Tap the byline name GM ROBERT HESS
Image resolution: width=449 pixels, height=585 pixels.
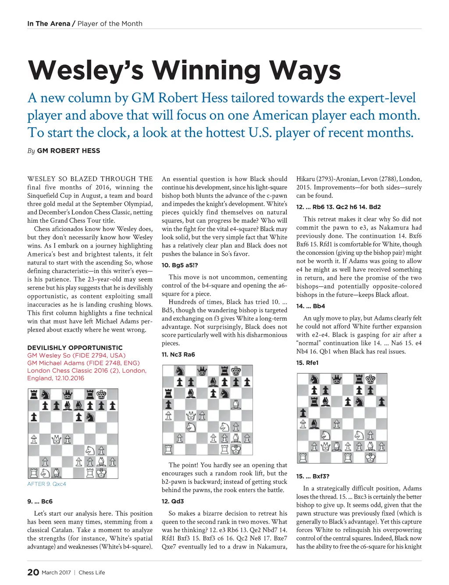click(68, 151)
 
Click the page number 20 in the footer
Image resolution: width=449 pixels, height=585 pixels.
click(33, 572)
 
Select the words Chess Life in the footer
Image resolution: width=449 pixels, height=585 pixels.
click(92, 572)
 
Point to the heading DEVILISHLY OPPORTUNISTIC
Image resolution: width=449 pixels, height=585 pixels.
click(75, 348)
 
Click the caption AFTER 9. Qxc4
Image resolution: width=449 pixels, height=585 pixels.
click(46, 484)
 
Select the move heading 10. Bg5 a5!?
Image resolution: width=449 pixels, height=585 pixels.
click(180, 265)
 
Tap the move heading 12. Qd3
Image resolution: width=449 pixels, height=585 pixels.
click(173, 501)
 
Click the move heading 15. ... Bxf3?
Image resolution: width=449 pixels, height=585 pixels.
click(313, 476)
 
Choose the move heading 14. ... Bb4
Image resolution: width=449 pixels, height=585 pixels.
click(310, 306)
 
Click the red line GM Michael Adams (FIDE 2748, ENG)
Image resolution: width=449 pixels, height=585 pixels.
click(83, 363)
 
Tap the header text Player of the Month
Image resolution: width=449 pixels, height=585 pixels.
click(110, 24)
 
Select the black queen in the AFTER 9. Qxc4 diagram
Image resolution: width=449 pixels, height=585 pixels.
click(67, 395)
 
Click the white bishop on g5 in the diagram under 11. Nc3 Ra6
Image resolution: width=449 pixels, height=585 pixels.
click(236, 404)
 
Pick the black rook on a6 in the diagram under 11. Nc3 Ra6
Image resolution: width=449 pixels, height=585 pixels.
click(168, 393)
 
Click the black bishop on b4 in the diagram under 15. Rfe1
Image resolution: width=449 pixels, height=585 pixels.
click(314, 424)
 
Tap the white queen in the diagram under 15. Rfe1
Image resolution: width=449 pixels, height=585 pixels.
click(325, 447)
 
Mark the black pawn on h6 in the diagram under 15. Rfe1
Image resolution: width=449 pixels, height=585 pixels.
click(382, 401)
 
